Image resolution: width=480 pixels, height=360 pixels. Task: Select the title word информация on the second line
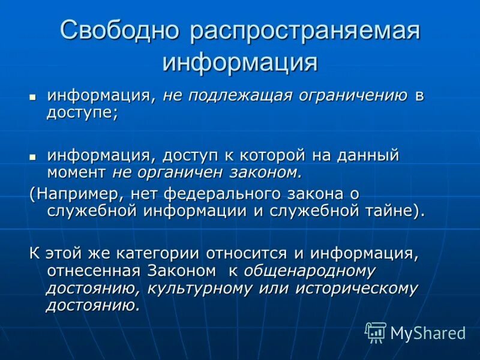240,62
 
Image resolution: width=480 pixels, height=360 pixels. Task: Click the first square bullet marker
33,97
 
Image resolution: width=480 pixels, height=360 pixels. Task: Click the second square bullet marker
33,157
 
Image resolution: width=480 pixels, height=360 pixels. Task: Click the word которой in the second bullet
274,156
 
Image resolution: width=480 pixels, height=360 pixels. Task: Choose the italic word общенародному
310,271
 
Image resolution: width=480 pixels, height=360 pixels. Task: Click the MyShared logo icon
376,332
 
